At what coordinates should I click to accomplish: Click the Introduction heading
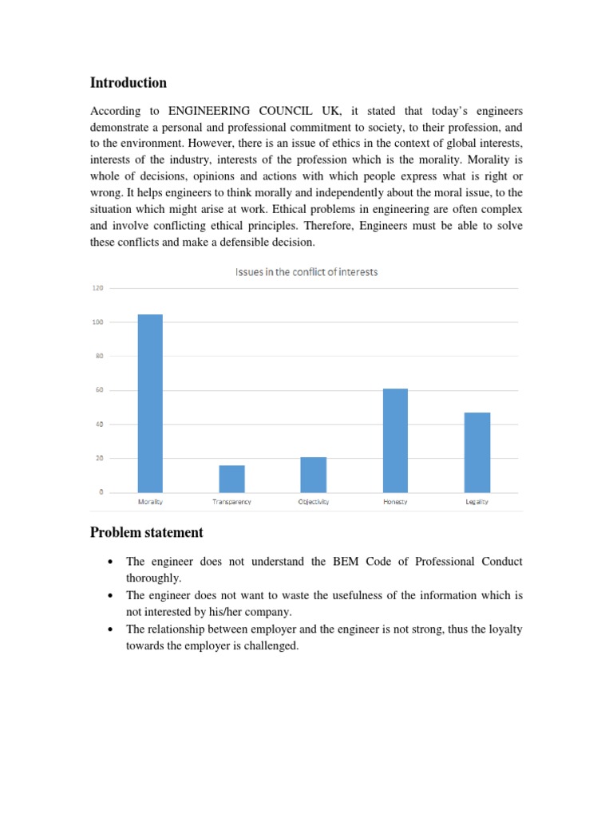pos(129,83)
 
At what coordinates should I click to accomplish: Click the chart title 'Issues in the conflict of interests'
pos(306,272)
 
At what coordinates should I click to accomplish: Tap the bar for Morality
pos(150,403)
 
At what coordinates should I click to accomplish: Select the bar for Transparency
pos(232,479)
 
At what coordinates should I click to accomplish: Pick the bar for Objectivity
pos(314,475)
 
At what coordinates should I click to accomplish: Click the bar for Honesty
pos(395,440)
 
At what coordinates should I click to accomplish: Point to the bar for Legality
pos(477,452)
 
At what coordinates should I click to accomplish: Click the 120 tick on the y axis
pos(97,288)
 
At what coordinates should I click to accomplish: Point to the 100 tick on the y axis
pos(97,322)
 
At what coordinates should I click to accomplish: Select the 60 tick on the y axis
pos(99,390)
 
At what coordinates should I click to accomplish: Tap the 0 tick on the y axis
pos(101,492)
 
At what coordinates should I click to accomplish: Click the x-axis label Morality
pos(150,502)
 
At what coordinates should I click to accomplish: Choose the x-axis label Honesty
pos(395,502)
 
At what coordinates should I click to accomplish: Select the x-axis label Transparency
pos(232,502)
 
